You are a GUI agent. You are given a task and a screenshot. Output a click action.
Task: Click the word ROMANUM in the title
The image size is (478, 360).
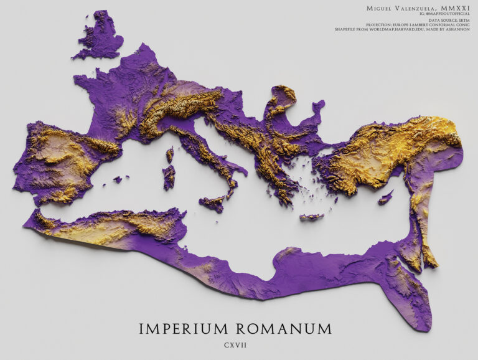point(280,328)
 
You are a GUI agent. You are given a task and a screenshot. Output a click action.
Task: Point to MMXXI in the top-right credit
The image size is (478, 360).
point(457,7)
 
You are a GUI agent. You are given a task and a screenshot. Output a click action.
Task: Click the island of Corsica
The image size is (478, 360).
point(170,154)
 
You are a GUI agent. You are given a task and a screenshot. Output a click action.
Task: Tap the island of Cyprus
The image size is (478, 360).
point(385,199)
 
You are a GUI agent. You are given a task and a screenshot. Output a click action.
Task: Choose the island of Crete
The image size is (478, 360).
point(311,217)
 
